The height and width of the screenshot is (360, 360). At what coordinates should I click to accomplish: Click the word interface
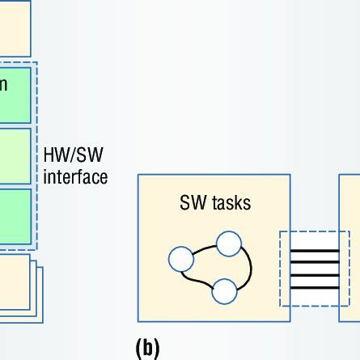coord(74,176)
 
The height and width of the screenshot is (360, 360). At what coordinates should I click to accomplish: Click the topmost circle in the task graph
coord(229,244)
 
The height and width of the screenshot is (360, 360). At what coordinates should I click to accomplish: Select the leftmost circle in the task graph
coord(180,260)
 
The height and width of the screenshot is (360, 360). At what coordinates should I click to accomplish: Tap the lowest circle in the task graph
coord(223,290)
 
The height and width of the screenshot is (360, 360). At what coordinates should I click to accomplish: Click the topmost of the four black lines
coord(314,252)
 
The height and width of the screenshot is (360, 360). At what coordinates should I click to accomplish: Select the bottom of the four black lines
coord(314,288)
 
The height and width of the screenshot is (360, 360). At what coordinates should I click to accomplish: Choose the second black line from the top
coord(314,264)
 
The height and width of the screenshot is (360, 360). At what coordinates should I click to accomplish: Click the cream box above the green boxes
coord(15,28)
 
